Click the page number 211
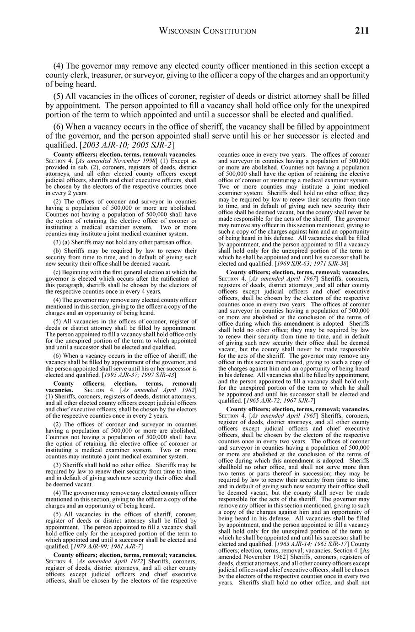[361, 31]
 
